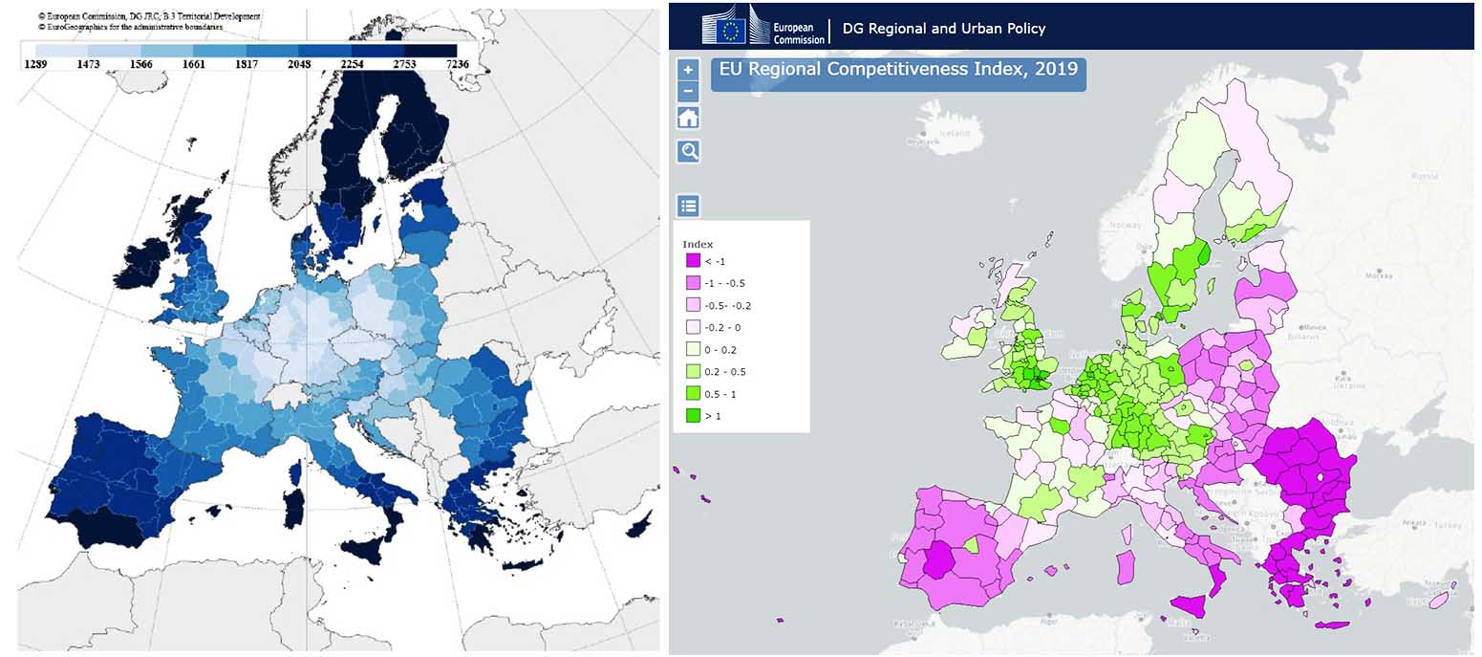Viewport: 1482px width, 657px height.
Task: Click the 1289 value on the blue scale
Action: (35, 63)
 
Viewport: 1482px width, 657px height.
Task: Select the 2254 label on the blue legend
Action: (352, 63)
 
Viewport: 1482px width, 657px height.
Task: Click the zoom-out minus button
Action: (688, 92)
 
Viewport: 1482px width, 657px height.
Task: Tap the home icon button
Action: (688, 118)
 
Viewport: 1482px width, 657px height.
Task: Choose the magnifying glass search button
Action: (688, 151)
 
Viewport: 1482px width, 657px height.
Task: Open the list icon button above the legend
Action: (688, 206)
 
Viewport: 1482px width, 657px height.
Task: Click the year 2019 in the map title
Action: (1057, 69)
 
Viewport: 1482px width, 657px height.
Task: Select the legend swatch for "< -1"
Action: (693, 261)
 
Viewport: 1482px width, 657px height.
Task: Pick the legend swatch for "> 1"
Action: (693, 416)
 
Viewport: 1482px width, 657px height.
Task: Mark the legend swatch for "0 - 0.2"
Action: (693, 350)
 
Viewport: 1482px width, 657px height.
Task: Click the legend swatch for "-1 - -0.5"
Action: (693, 283)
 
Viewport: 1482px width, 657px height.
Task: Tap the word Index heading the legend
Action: (698, 244)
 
